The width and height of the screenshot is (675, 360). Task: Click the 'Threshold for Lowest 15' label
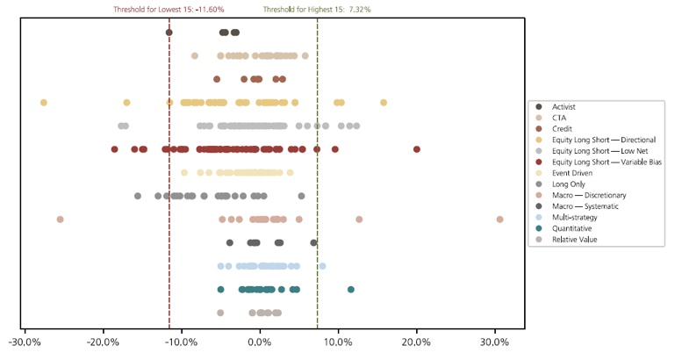(x=169, y=9)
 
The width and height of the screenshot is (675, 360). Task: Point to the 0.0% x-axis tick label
(x=260, y=342)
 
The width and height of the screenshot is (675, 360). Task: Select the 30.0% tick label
(x=495, y=342)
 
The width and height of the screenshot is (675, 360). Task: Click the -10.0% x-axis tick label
(x=183, y=342)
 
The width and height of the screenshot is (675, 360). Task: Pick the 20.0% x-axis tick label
(x=417, y=342)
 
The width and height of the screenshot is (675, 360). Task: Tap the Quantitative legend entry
(x=576, y=227)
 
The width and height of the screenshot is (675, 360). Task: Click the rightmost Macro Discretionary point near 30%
(x=499, y=220)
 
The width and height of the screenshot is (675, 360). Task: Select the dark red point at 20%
(x=417, y=149)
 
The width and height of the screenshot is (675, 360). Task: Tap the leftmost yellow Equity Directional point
(x=44, y=103)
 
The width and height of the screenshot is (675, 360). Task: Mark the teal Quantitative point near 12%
(x=351, y=289)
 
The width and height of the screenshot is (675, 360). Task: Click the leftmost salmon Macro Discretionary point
(x=60, y=220)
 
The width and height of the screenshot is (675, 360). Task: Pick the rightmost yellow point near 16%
(x=384, y=103)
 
